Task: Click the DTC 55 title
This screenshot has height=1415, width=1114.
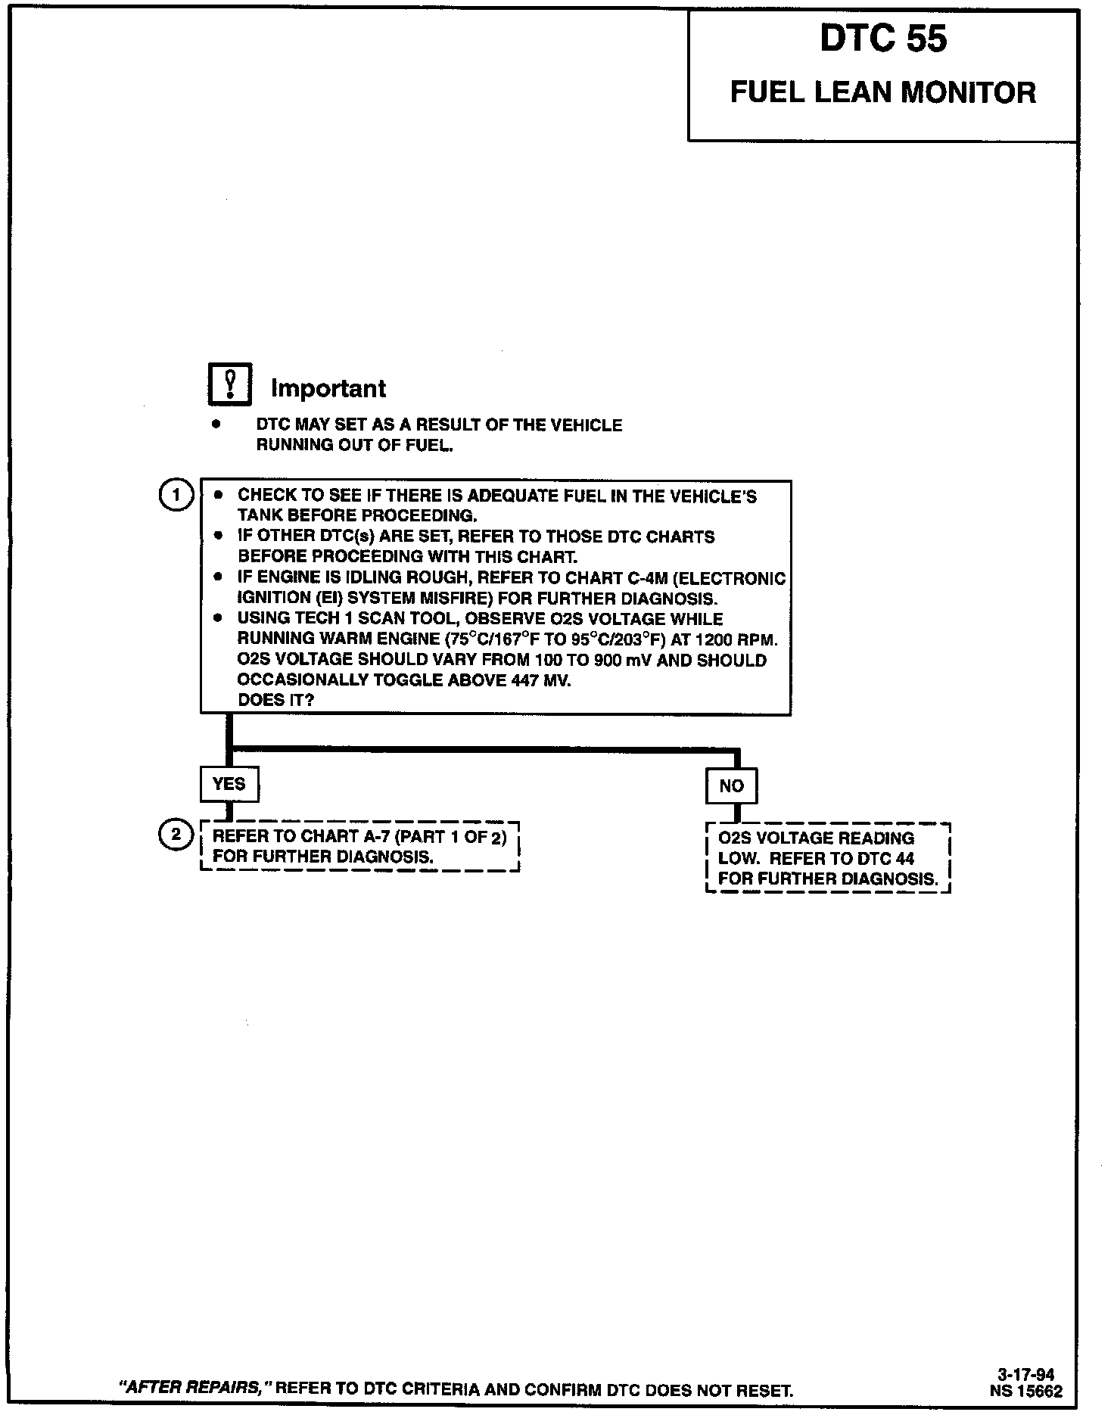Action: [882, 40]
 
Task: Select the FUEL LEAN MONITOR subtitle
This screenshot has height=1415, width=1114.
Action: [882, 92]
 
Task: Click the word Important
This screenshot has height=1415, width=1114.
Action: [328, 388]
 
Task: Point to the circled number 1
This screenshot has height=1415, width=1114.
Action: [176, 496]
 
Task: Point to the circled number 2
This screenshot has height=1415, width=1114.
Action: [176, 835]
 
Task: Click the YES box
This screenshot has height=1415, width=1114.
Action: [229, 784]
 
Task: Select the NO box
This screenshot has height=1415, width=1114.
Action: [731, 786]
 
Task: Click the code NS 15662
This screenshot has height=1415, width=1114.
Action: [1025, 1391]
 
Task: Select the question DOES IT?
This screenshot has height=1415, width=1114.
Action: [275, 700]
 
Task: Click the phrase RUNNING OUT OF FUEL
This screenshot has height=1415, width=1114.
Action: [354, 445]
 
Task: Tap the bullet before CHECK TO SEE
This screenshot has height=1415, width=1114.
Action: [219, 496]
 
